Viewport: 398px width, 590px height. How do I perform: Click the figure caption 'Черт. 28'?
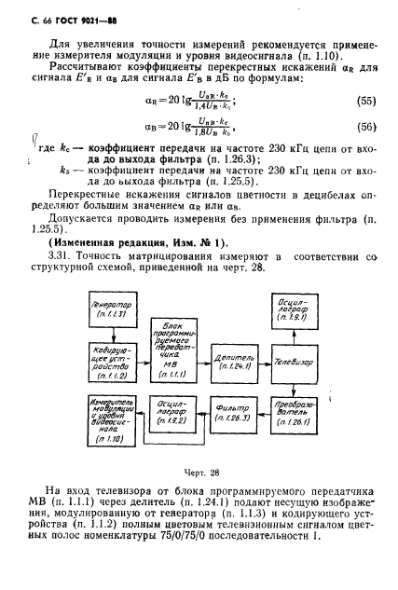[199, 473]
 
